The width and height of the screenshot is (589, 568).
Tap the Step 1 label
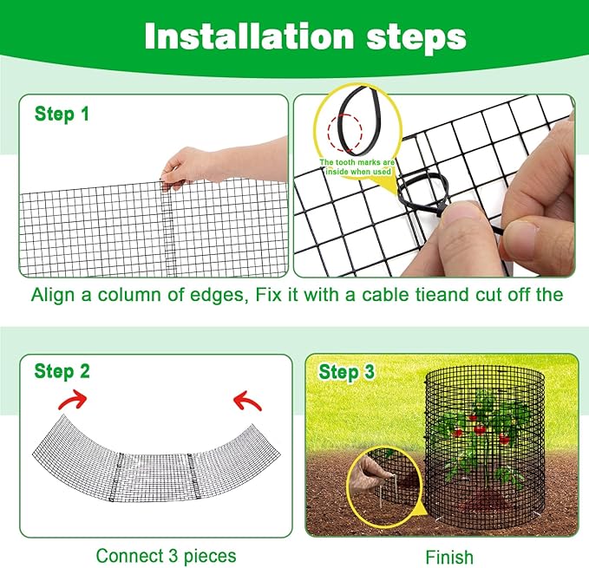62,114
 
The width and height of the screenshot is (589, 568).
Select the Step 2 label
62,371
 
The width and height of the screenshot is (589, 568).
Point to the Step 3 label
347,372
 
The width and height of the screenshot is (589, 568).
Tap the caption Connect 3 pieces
166,555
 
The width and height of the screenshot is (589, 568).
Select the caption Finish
449,556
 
